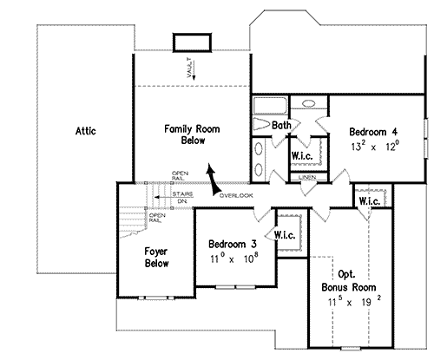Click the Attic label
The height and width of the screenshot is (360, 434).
pos(83,132)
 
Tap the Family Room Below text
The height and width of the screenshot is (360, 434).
pos(192,134)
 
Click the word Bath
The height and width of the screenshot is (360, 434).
pos(281,126)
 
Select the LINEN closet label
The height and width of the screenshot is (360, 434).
pos(306,177)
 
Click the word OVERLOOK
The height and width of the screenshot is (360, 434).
pos(235,195)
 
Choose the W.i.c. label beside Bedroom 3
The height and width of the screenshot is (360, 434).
pos(286,235)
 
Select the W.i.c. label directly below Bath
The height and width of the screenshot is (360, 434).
pos(302,156)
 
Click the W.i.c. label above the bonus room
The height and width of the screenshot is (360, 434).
pos(367,202)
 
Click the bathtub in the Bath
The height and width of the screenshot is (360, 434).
pos(269,108)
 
